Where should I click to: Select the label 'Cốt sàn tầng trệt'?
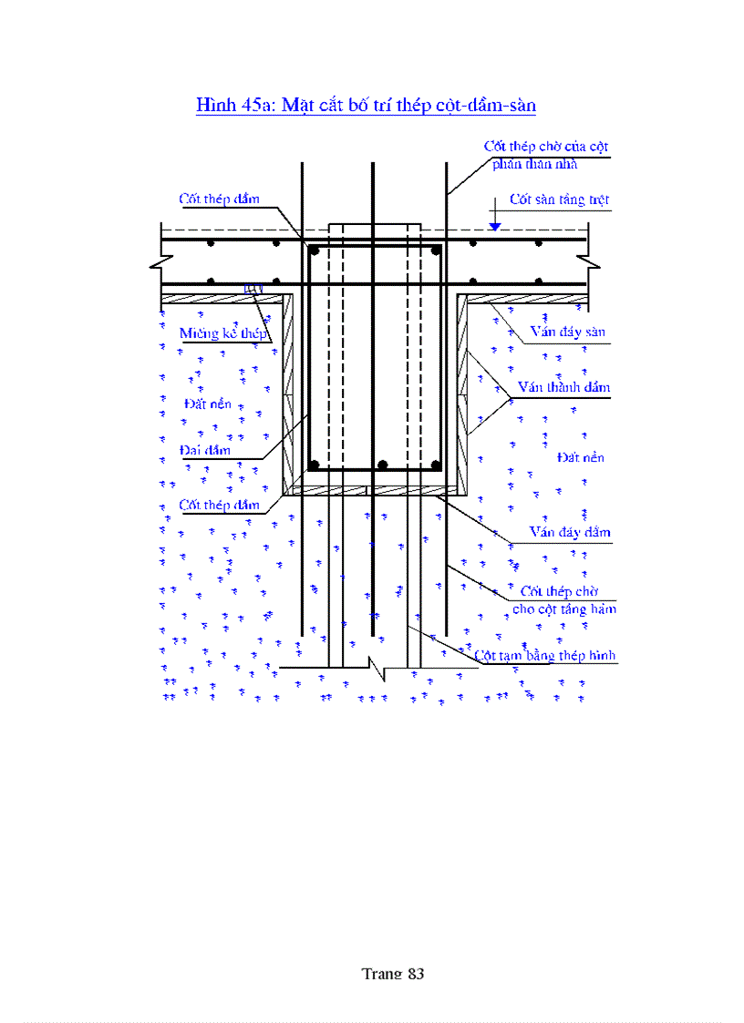(x=559, y=199)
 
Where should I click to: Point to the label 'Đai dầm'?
(x=205, y=449)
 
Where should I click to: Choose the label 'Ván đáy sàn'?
(x=567, y=332)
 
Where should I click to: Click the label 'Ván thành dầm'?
(x=563, y=387)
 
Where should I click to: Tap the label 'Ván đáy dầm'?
(x=570, y=532)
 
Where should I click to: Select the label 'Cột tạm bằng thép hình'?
(x=545, y=655)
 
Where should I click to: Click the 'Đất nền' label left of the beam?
(x=208, y=404)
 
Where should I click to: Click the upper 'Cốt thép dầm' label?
(x=219, y=199)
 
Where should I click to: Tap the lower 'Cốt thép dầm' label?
(x=219, y=505)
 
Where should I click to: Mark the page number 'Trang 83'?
(x=393, y=973)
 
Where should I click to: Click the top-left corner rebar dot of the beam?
(x=314, y=250)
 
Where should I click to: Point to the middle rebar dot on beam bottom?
(x=383, y=465)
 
